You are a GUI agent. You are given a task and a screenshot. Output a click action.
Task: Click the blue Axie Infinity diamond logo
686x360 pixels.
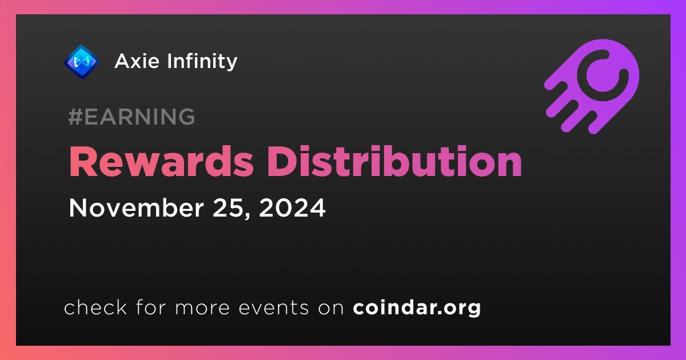point(81,62)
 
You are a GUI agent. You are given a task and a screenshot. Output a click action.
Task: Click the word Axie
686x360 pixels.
point(137,61)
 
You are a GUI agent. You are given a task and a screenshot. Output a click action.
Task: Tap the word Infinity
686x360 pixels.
point(202,62)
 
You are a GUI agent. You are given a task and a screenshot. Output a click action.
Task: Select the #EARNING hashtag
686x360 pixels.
point(131,117)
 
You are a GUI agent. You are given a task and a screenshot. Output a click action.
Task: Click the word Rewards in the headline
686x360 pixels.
point(161,161)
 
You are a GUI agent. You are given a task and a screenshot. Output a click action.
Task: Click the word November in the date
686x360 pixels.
point(136,208)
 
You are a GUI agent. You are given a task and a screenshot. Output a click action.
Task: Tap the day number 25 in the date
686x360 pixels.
point(230,209)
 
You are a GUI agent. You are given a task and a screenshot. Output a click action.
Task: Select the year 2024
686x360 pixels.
point(292,208)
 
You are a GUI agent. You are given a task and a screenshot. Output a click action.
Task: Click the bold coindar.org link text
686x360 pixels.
point(417,307)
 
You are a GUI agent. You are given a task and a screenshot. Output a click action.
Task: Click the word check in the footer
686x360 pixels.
point(95,307)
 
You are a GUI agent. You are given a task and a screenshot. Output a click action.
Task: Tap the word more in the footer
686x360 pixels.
point(202,309)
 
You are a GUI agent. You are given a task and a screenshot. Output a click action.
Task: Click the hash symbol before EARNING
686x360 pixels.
point(75,117)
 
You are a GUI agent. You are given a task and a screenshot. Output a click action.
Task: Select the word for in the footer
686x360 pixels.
point(151,307)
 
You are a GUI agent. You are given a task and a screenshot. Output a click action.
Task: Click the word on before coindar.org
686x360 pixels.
point(331,309)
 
